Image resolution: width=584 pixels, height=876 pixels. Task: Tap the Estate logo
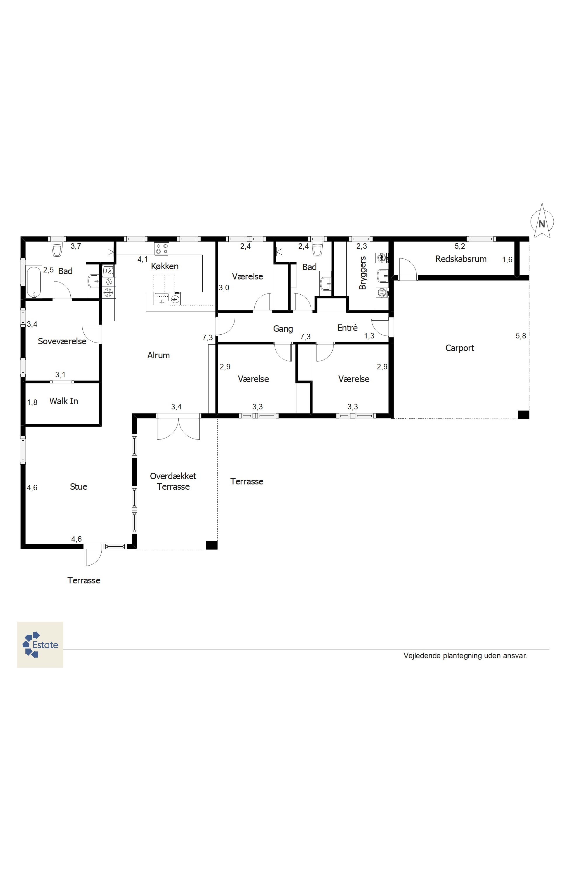[40, 645]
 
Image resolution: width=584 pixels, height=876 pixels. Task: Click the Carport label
[460, 348]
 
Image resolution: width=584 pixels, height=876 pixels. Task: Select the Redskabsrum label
[461, 259]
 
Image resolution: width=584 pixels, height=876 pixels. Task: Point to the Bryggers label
[362, 273]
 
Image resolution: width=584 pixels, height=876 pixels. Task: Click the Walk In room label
[64, 401]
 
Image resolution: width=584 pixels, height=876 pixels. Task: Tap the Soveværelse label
[62, 341]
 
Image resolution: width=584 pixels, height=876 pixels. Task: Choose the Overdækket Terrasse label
[173, 481]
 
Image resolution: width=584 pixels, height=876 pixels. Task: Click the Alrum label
[158, 355]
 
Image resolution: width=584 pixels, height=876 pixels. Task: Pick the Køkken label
[165, 266]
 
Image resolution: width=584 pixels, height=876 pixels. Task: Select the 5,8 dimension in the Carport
[521, 336]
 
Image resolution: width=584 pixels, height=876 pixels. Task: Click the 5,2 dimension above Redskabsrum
[460, 246]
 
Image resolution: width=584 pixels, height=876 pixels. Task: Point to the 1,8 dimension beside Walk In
[32, 402]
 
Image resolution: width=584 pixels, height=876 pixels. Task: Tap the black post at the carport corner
[523, 415]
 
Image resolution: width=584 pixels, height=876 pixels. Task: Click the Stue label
[79, 487]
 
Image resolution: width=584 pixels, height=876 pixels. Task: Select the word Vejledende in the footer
[422, 656]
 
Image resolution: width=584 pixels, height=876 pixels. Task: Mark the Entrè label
[347, 328]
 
